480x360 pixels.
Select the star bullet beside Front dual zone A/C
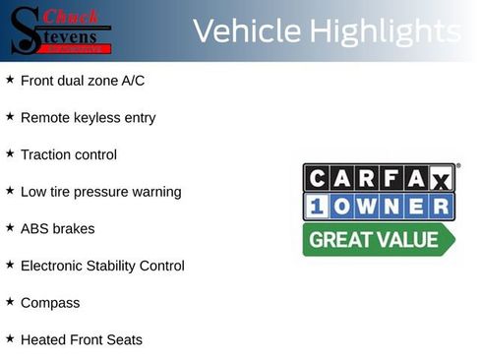(10, 79)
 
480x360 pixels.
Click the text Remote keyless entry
(88, 117)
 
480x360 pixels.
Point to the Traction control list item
(68, 154)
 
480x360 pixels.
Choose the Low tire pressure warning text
(100, 192)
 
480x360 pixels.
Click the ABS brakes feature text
(57, 228)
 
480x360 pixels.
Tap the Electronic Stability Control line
(101, 266)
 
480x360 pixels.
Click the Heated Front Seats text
(81, 340)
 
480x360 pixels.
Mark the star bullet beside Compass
(10, 302)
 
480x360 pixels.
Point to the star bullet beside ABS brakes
(10, 227)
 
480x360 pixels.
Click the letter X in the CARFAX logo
(442, 178)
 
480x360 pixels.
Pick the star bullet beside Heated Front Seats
(10, 339)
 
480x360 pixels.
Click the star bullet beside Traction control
(10, 153)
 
